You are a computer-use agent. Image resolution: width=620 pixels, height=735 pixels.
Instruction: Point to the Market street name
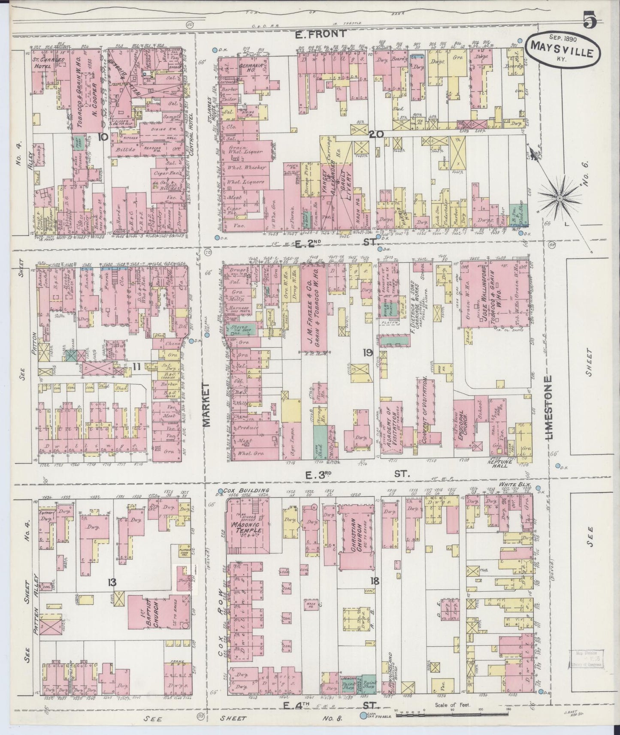coord(206,405)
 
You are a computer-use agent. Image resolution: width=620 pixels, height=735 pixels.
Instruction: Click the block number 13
coord(112,582)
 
